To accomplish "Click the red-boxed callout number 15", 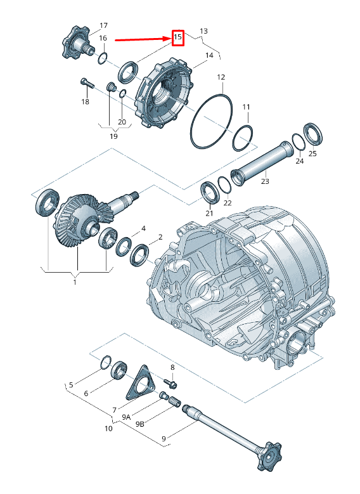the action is [177, 37].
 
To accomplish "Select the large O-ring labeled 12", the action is [211, 120].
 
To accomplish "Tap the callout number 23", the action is [265, 181].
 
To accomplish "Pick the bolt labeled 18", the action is [87, 83].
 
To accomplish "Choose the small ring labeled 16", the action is [103, 58].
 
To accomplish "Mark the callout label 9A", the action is [126, 417].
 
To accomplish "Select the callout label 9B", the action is [140, 424].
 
